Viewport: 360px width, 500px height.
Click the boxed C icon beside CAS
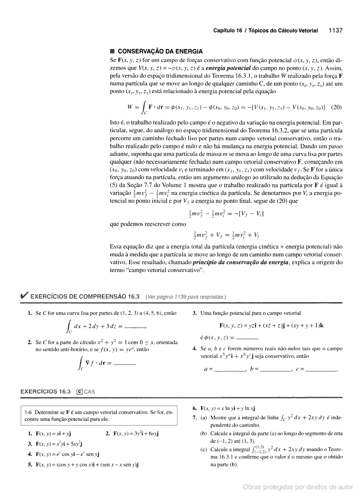(79, 392)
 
